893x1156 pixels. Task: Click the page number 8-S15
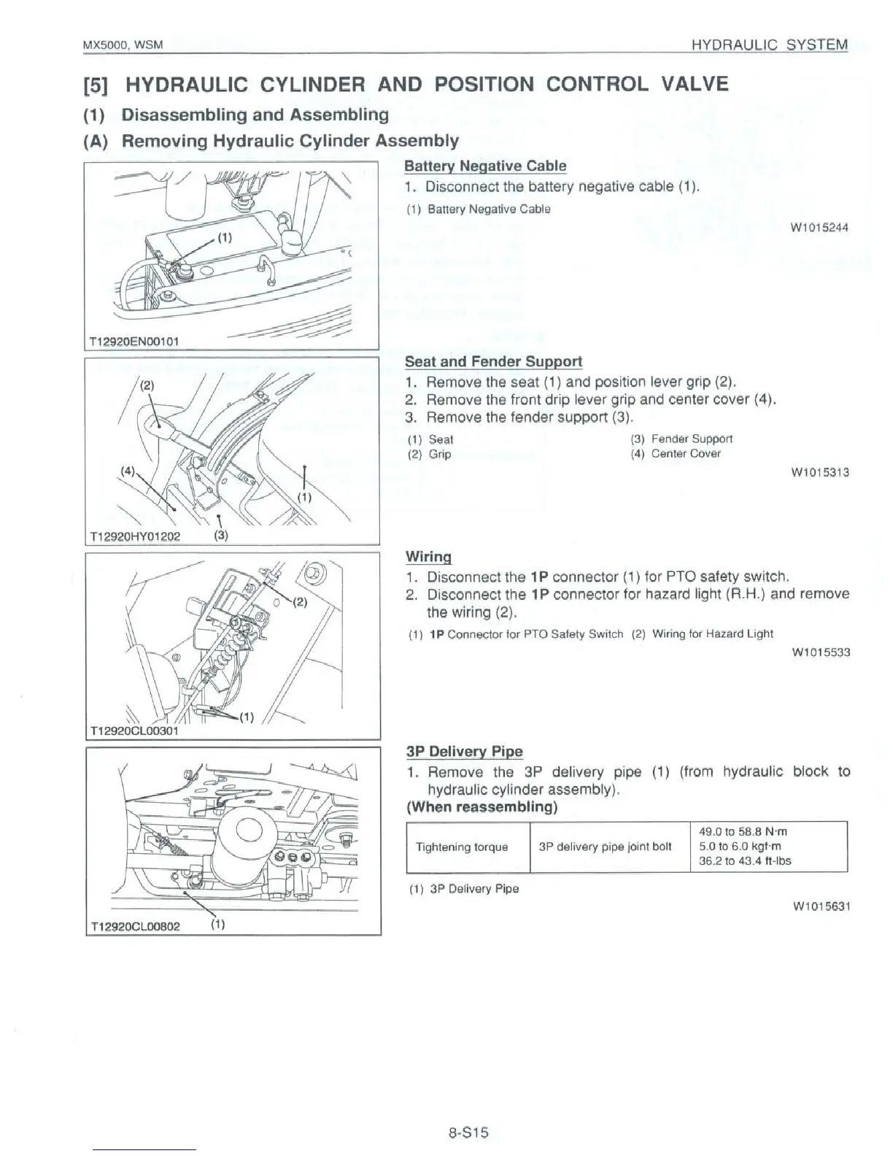[468, 1133]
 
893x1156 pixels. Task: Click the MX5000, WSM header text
[123, 45]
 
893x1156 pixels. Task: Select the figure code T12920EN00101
[134, 341]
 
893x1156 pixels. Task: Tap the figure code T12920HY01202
[134, 536]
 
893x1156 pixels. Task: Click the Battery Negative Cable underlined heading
[485, 166]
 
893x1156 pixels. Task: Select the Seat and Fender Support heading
[493, 362]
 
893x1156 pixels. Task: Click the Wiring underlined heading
[428, 557]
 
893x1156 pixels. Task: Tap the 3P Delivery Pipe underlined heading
[464, 752]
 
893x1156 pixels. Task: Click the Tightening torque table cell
[461, 847]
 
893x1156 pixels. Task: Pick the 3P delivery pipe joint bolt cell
[605, 847]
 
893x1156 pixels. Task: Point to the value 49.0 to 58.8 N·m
[743, 832]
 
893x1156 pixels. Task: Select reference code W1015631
[822, 906]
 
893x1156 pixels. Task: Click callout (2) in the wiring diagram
[301, 603]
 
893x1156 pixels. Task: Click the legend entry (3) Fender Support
[681, 439]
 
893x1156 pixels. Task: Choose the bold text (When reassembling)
[482, 807]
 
